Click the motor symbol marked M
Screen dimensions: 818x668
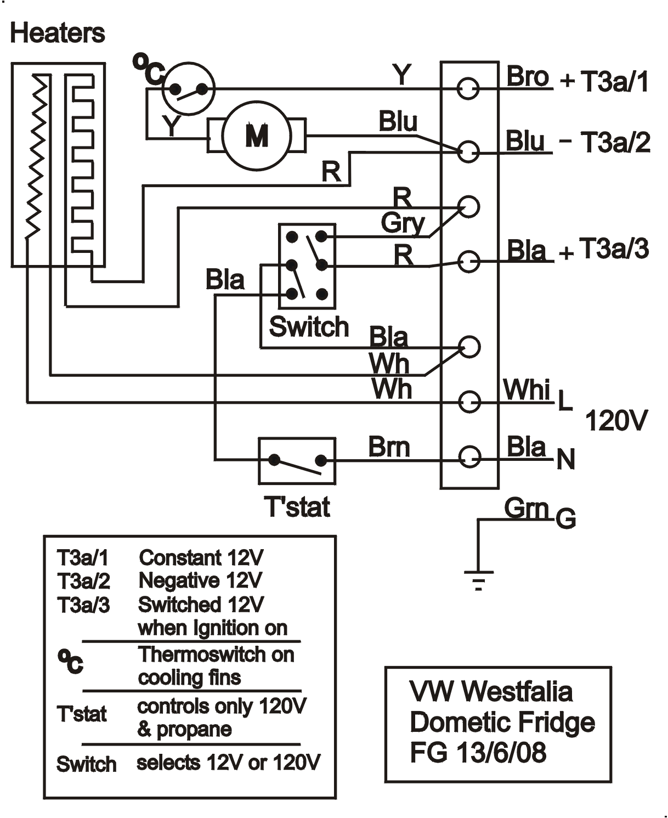(x=257, y=135)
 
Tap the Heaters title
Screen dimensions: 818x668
(x=57, y=33)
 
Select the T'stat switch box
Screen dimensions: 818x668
(x=297, y=461)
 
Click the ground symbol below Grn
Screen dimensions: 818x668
(x=479, y=579)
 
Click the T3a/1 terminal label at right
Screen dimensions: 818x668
(x=614, y=81)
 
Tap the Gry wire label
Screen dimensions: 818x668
(x=403, y=223)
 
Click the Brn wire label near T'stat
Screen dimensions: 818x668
(x=389, y=447)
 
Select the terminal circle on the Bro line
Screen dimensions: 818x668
(x=468, y=88)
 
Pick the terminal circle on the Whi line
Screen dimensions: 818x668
(x=469, y=402)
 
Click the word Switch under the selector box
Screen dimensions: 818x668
(x=309, y=327)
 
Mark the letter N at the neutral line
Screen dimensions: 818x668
(x=565, y=459)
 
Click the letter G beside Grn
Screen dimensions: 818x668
(x=566, y=518)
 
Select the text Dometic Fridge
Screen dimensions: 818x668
(x=502, y=722)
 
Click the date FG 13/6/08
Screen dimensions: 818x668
(x=478, y=752)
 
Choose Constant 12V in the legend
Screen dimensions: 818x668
(x=201, y=557)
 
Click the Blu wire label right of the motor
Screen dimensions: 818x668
(x=398, y=122)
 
